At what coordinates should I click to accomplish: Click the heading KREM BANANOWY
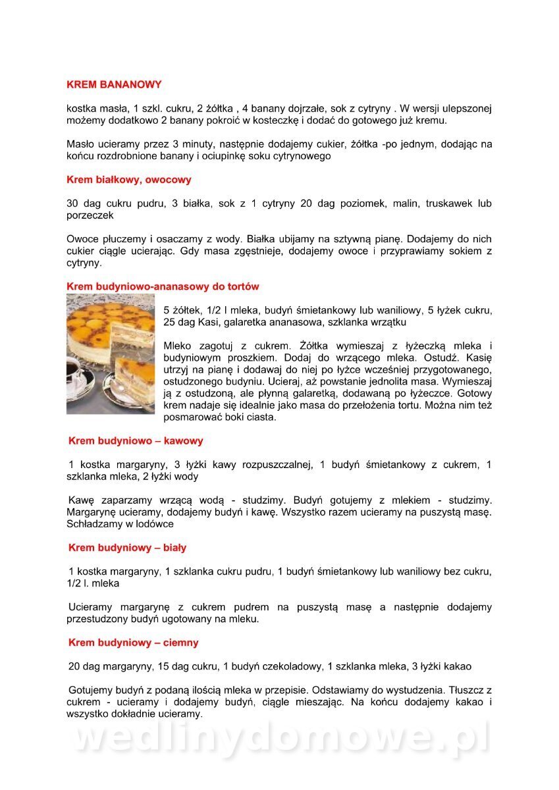pos(114,85)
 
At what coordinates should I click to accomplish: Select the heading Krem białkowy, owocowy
pos(129,180)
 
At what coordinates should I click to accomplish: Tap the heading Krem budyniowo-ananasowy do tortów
pos(163,286)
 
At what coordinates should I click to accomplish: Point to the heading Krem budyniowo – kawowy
pos(136,441)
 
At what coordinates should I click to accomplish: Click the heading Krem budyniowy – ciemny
pos(133,643)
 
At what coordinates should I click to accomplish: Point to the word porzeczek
pos(90,215)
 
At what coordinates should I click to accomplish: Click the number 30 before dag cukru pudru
pos(73,204)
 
